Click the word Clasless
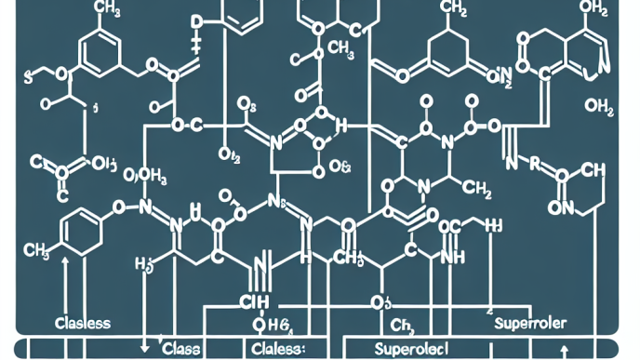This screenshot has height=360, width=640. (x=85, y=323)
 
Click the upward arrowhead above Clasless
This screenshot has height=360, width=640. (x=64, y=264)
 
